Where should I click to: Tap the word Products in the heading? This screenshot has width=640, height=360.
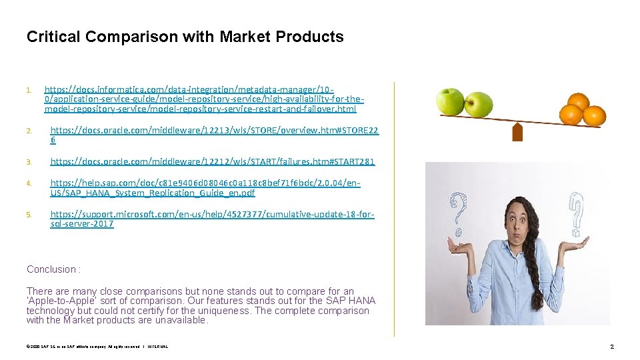pos(311,37)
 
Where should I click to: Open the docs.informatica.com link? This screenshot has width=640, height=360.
pos(200,99)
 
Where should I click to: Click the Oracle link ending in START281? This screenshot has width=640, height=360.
pos(213,161)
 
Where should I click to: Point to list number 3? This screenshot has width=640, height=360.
pos(29,162)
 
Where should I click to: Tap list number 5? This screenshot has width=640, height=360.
pos(29,214)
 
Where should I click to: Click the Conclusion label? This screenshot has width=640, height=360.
pos(53,269)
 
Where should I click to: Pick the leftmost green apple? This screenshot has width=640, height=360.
pos(450,101)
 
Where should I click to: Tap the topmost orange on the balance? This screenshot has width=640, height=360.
pos(578,102)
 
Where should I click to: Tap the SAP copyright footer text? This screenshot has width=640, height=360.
pos(97,347)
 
